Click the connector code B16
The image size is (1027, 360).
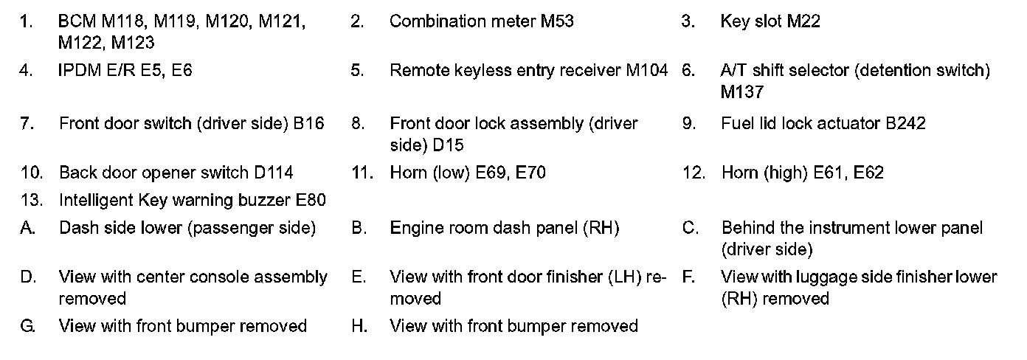tap(308, 123)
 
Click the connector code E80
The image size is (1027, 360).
tap(310, 201)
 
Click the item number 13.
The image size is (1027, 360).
tap(30, 201)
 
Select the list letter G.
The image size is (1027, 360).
tap(28, 326)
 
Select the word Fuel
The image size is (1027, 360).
tap(736, 123)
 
